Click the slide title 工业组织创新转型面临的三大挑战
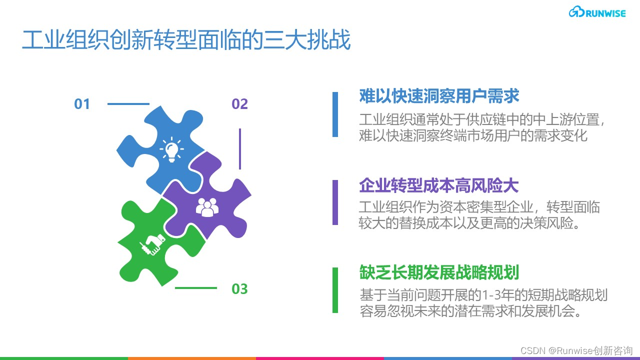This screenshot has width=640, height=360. point(186,40)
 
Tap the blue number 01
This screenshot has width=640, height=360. point(82,104)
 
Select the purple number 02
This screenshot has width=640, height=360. point(239,104)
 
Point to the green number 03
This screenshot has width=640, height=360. point(239,289)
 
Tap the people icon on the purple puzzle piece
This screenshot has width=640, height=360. point(207,206)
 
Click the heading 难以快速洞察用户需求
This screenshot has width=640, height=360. point(439,96)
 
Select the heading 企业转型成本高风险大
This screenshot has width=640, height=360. point(439,186)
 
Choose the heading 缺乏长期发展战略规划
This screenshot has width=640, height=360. point(439,273)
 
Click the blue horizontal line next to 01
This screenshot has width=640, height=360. point(128,104)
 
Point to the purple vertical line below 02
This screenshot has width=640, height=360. point(240,149)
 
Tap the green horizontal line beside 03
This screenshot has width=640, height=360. point(196,288)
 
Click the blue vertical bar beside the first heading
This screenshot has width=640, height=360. point(335,114)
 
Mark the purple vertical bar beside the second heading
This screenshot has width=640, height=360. point(335,202)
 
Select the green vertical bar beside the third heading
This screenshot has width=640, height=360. point(335,290)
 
